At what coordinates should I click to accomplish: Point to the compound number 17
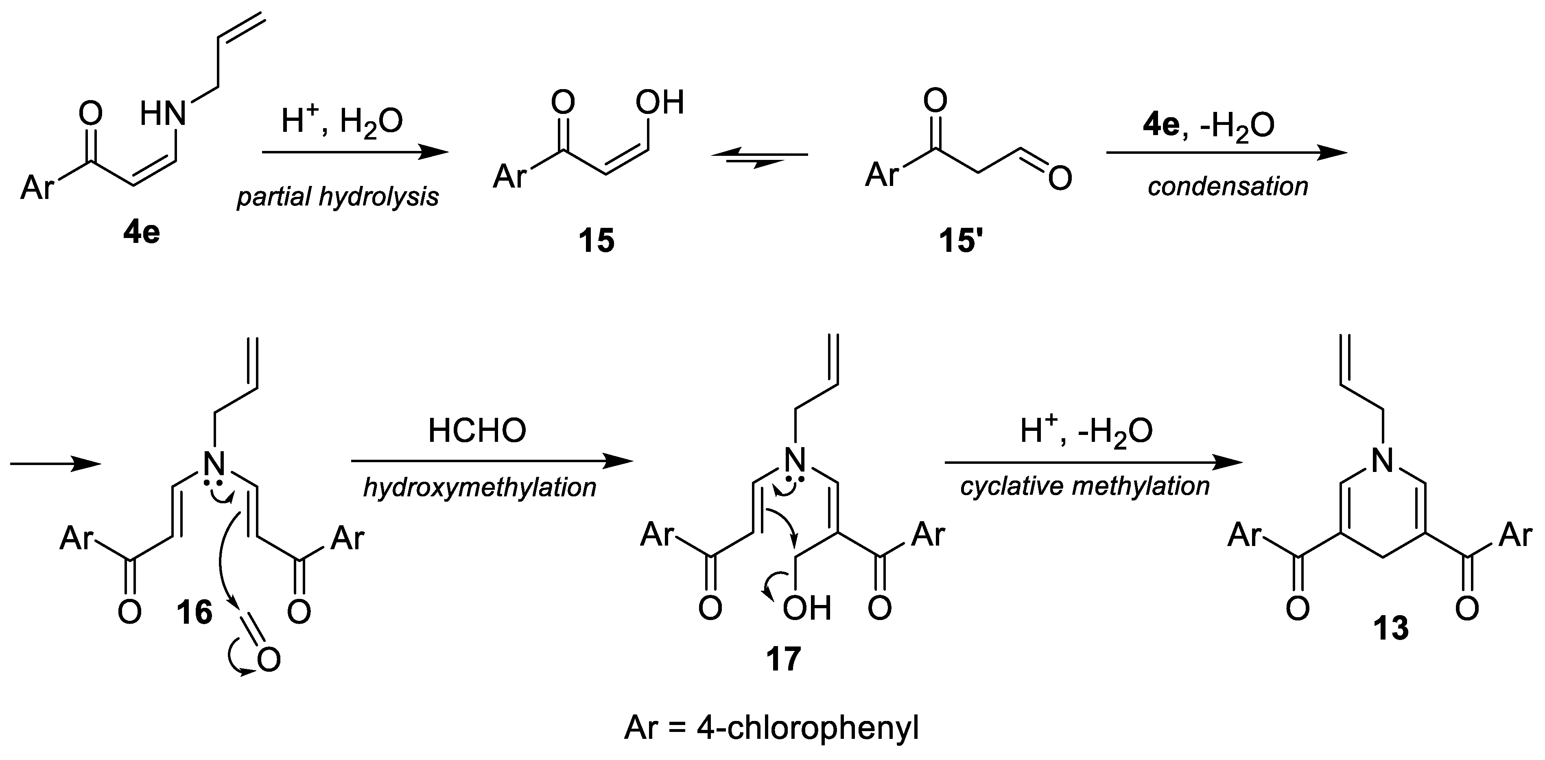click(x=783, y=659)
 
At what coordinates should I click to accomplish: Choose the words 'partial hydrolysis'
click(x=338, y=197)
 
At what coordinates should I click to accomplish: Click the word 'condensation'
click(x=1228, y=187)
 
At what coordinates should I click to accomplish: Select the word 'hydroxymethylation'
click(x=480, y=487)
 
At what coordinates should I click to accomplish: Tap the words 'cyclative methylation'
click(x=1085, y=486)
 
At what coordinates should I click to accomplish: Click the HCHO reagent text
click(x=477, y=431)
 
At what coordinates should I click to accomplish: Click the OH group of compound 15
click(x=660, y=103)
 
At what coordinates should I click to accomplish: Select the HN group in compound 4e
click(x=164, y=114)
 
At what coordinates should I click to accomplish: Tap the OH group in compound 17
click(x=807, y=608)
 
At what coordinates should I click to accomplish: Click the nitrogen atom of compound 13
click(x=1383, y=461)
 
